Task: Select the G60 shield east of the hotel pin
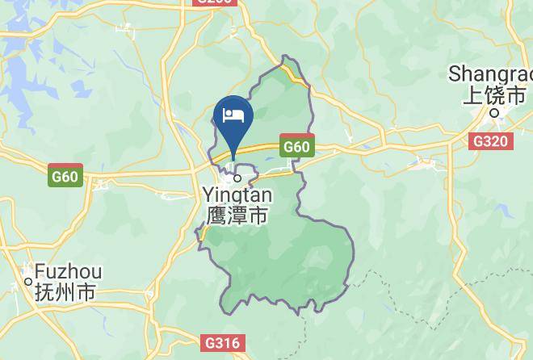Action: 296,148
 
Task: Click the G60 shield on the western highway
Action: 65,176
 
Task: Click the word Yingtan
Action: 237,195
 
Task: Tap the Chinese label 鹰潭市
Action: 237,216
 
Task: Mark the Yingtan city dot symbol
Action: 237,178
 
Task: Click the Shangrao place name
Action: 492,75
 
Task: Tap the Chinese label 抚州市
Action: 67,291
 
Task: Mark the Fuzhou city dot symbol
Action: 27,281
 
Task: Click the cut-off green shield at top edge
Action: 216,2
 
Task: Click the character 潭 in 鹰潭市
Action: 237,216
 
